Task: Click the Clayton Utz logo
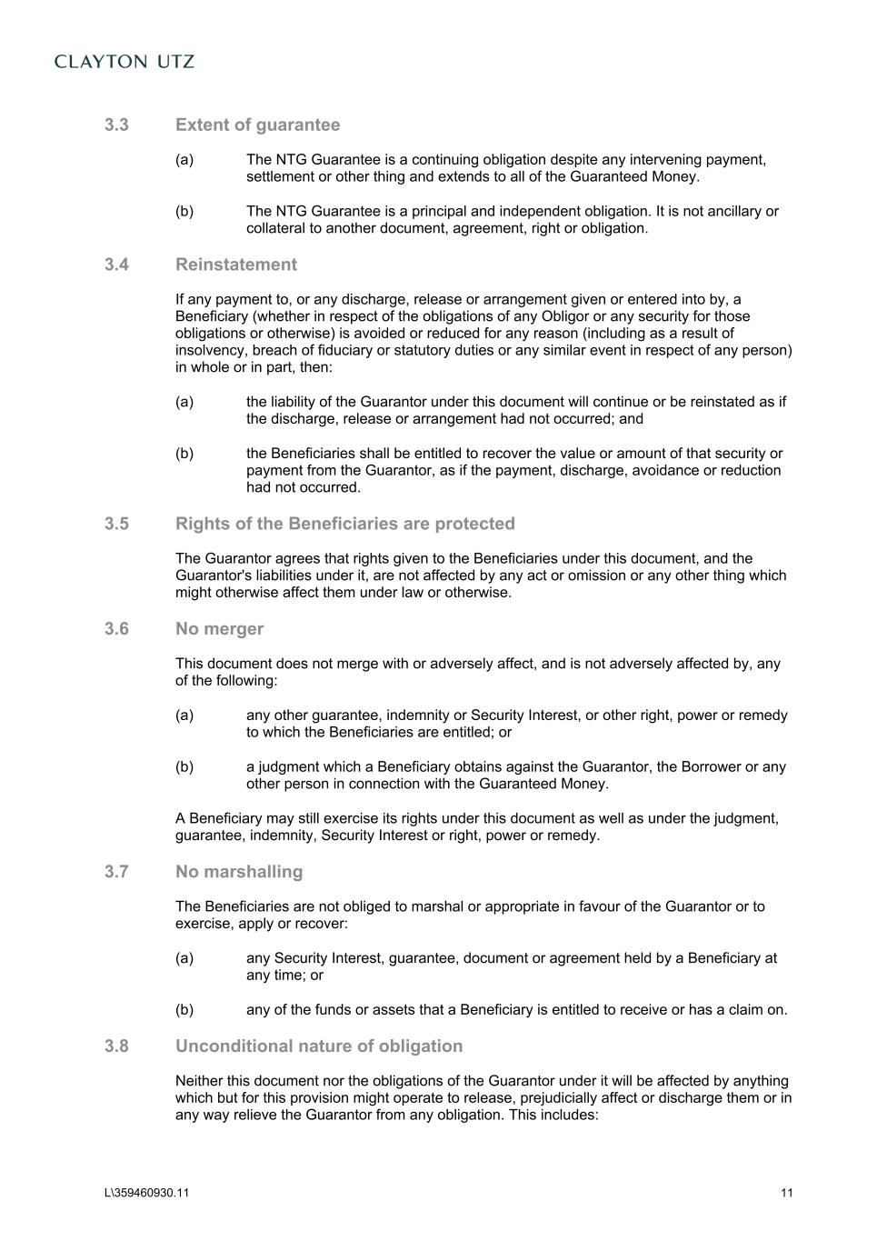[x=125, y=62]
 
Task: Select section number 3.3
[x=116, y=125]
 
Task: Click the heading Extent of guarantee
[x=257, y=125]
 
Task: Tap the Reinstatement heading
[x=236, y=265]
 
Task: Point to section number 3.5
[x=116, y=524]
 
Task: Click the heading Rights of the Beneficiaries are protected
[x=345, y=524]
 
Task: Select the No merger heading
[x=219, y=629]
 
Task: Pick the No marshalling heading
[x=239, y=872]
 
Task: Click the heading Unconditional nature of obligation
[x=319, y=1046]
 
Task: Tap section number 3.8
[x=116, y=1046]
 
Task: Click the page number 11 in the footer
[x=786, y=1194]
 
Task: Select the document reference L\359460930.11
[x=146, y=1194]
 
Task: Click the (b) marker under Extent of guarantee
[x=184, y=212]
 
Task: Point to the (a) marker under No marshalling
[x=184, y=958]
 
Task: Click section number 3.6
[x=116, y=629]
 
